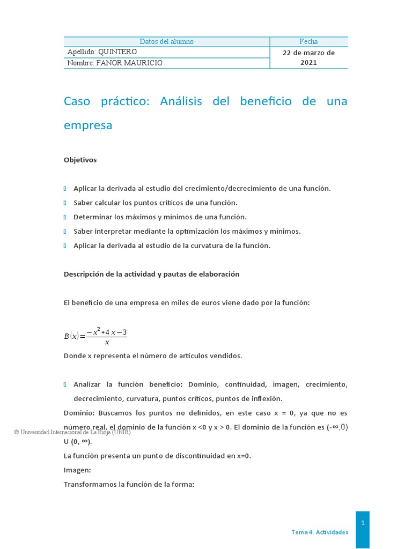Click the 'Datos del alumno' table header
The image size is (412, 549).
pos(166,42)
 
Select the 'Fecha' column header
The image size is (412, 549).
pos(308,42)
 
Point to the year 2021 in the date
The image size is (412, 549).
pos(308,63)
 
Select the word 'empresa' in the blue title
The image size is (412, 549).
pos(88,125)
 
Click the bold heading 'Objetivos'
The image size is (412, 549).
pos(80,160)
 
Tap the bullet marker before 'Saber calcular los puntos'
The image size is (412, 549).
pos(65,203)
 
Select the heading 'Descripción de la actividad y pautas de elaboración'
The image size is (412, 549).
pos(151,274)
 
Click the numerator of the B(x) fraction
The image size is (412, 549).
pos(106,332)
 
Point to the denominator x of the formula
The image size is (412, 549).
pos(107,343)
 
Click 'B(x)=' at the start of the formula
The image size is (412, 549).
pos(74,337)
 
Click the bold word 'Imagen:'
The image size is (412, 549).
pos(77,470)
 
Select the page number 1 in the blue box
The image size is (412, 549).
pos(363,522)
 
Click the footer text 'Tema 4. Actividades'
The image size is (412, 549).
pos(320,532)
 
